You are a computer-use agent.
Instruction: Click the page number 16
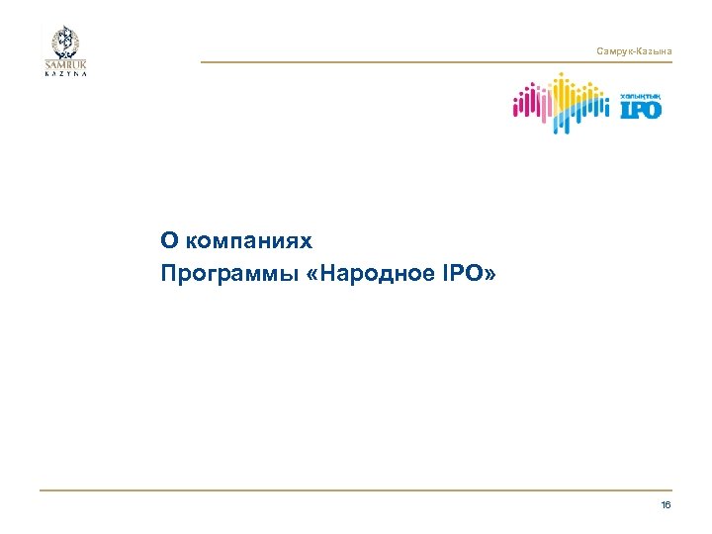coord(666,505)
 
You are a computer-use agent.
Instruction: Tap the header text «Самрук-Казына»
coord(635,50)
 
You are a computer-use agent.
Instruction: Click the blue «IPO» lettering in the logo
coord(641,109)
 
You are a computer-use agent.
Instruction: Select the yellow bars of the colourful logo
coord(568,94)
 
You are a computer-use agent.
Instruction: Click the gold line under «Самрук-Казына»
coord(435,62)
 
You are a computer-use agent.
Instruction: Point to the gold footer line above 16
coord(356,489)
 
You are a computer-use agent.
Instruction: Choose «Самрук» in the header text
coord(614,50)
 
